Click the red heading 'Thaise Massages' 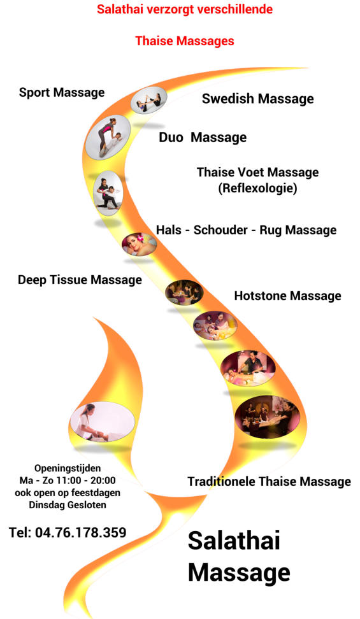pyautogui.click(x=185, y=41)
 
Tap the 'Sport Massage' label pyautogui.click(x=62, y=93)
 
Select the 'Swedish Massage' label pyautogui.click(x=257, y=99)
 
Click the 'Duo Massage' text pyautogui.click(x=203, y=138)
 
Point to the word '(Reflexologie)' pyautogui.click(x=257, y=188)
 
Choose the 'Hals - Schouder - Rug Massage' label pyautogui.click(x=246, y=230)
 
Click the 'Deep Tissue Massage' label pyautogui.click(x=80, y=280)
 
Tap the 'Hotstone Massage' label pyautogui.click(x=288, y=295)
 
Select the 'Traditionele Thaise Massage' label pyautogui.click(x=269, y=481)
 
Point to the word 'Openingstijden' pyautogui.click(x=68, y=468)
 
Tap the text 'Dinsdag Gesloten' pyautogui.click(x=68, y=505)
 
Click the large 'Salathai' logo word pyautogui.click(x=234, y=540)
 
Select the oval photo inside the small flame pyautogui.click(x=103, y=422)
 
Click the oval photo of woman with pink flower pyautogui.click(x=139, y=245)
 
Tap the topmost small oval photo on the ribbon pyautogui.click(x=149, y=100)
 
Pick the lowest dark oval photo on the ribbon pyautogui.click(x=267, y=417)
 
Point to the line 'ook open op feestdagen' pyautogui.click(x=68, y=493)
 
